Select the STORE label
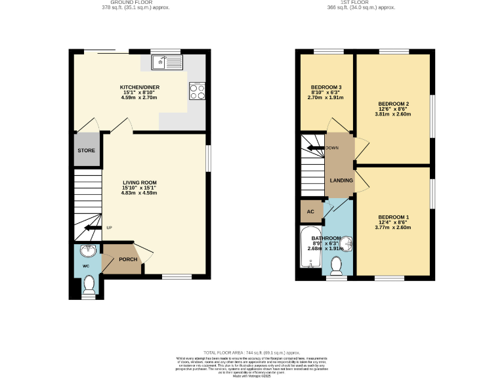pyautogui.click(x=87, y=150)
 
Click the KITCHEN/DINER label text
pyautogui.click(x=139, y=87)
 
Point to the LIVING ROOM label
pyautogui.click(x=139, y=183)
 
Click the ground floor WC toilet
pyautogui.click(x=89, y=283)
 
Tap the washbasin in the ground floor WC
pyautogui.click(x=87, y=251)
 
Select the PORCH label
pyautogui.click(x=127, y=259)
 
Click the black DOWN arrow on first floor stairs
pyautogui.click(x=312, y=148)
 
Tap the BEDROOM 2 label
pyautogui.click(x=393, y=104)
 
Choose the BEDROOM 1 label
pyautogui.click(x=393, y=217)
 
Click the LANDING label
pyautogui.click(x=341, y=180)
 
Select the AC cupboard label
pyautogui.click(x=310, y=211)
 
